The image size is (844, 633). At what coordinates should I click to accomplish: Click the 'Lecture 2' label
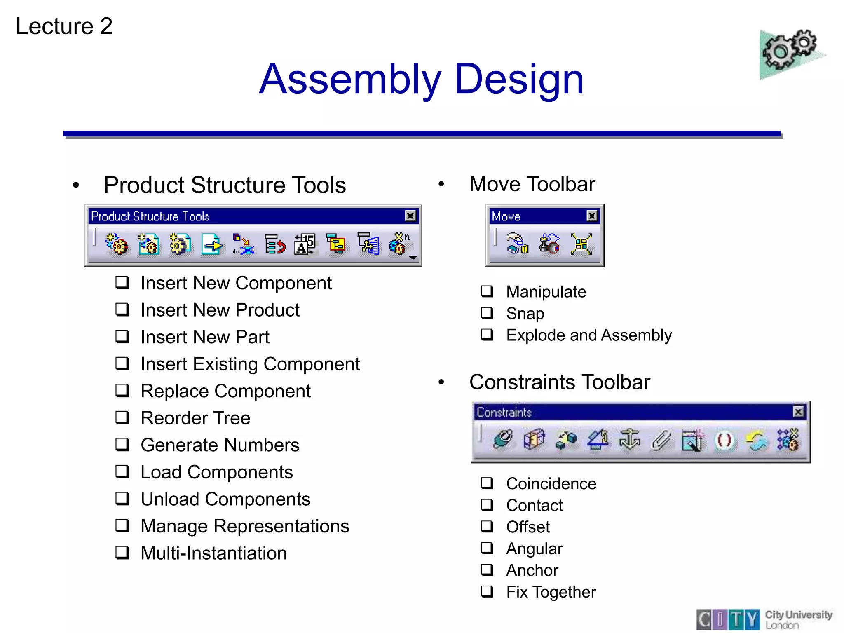64,26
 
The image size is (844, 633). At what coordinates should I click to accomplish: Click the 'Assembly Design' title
421,79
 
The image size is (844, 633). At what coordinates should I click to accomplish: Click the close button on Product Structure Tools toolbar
410,216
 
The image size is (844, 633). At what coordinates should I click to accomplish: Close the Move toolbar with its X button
592,216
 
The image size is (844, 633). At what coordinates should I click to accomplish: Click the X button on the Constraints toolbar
798,412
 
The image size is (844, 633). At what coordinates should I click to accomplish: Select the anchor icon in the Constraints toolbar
629,440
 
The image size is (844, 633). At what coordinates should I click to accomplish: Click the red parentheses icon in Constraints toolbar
724,440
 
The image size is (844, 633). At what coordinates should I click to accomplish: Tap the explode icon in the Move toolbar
581,244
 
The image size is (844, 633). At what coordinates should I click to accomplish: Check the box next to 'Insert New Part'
122,336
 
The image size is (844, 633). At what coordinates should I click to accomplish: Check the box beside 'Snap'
487,313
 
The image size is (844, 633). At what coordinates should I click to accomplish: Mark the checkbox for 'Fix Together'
487,592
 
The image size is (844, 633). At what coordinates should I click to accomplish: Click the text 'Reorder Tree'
195,418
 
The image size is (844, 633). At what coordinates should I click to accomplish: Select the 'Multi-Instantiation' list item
213,553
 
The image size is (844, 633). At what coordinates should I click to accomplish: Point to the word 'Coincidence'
551,483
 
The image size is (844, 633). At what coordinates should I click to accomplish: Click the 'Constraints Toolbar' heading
559,382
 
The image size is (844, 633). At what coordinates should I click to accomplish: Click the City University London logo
764,619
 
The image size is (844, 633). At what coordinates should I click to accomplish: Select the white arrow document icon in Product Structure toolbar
212,245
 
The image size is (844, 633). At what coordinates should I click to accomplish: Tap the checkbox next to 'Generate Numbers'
122,445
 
